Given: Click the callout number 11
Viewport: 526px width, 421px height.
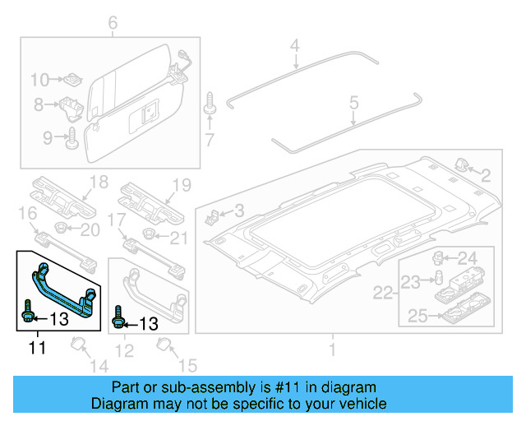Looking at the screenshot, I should coord(38,348).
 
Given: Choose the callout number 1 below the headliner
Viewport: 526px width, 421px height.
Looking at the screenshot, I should coord(333,350).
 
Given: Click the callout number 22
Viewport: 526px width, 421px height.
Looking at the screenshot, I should coord(384,292).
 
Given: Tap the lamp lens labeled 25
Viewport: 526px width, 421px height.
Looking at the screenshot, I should coord(464,314).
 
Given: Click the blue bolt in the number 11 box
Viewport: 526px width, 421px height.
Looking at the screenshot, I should coord(26,313).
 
